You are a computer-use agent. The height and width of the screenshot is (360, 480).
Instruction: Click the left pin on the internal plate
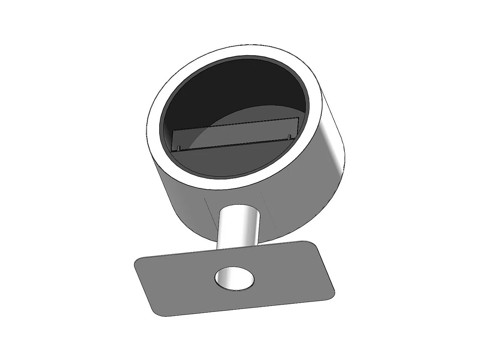click(x=179, y=148)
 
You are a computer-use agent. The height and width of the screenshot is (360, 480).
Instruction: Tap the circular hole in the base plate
click(x=235, y=278)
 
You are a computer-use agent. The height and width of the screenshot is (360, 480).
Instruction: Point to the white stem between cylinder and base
click(x=238, y=227)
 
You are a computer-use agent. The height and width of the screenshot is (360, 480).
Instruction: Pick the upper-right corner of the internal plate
click(x=298, y=118)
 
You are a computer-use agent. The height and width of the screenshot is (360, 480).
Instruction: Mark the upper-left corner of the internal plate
click(x=173, y=130)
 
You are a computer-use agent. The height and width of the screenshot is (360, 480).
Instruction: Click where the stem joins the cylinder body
click(x=238, y=206)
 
